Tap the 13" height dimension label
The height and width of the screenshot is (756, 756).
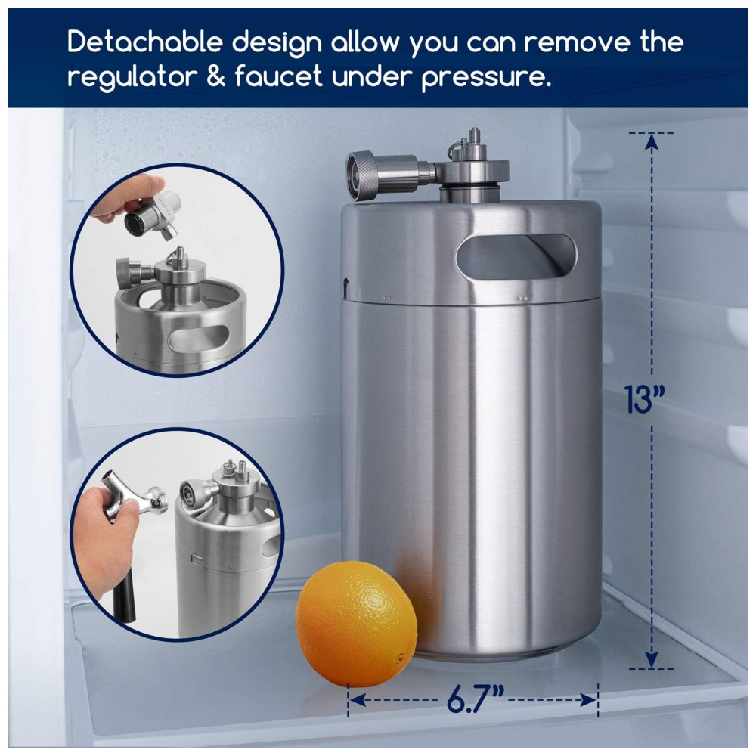(x=644, y=398)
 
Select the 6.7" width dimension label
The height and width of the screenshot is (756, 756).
(x=475, y=699)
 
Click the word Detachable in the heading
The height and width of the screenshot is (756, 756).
(x=145, y=42)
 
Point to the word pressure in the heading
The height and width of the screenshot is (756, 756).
(x=485, y=78)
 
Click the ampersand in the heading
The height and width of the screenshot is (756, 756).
(x=216, y=76)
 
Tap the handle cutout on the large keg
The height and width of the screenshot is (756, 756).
(x=516, y=256)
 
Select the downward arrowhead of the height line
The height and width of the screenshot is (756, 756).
(x=652, y=659)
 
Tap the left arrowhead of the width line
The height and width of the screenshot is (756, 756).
(x=356, y=699)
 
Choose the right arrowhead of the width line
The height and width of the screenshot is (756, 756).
(x=589, y=699)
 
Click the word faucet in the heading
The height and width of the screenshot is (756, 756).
(x=278, y=76)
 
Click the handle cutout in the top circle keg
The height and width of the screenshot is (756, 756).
(x=198, y=337)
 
